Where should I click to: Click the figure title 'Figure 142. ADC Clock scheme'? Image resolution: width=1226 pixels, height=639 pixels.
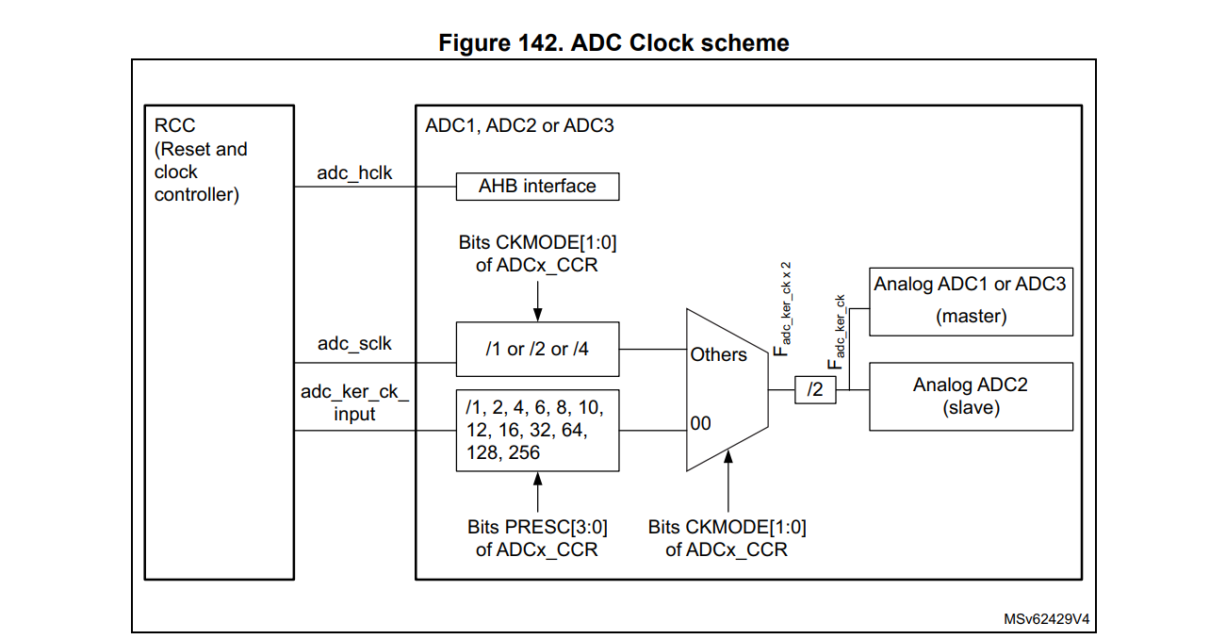613,42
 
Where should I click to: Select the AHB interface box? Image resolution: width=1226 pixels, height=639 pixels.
537,187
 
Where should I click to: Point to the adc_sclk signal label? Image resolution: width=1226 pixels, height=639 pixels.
354,344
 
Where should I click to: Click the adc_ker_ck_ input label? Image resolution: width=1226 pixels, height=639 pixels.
354,402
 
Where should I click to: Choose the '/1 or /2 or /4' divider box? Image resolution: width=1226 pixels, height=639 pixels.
537,350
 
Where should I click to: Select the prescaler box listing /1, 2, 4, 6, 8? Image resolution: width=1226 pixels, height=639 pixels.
537,430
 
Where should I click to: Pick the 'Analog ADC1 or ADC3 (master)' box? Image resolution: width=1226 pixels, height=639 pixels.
970,301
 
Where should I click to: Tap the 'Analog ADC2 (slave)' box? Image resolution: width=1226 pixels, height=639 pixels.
970,396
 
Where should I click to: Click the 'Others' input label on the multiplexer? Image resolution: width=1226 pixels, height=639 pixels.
718,355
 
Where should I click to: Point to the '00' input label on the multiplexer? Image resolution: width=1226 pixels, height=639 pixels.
700,424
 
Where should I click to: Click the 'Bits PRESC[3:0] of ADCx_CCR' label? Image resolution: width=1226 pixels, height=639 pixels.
536,538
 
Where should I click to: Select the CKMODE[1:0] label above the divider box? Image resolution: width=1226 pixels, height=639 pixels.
537,254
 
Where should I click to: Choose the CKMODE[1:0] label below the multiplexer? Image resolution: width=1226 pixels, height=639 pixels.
727,538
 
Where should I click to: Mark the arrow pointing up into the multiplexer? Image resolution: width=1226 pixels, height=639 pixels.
727,481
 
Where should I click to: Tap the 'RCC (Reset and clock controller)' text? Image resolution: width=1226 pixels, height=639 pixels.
201,160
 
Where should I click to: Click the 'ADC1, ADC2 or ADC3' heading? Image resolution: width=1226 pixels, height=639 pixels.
519,125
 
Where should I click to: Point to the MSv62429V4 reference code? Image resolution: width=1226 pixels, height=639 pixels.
1046,620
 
